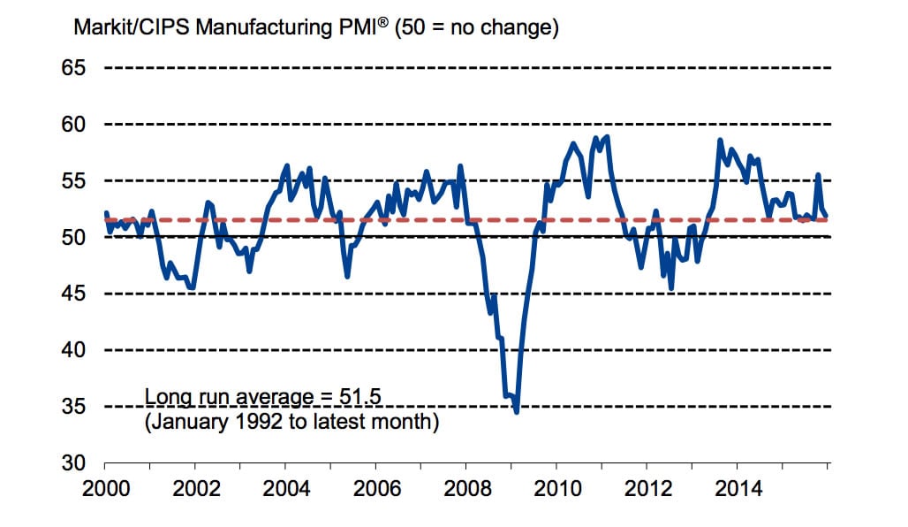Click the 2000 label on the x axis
(105, 488)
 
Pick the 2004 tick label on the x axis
(286, 488)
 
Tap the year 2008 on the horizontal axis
(466, 488)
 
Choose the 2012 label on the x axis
(647, 488)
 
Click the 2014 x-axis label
(738, 488)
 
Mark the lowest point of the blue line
(517, 411)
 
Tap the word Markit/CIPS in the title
(132, 28)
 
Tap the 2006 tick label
(376, 488)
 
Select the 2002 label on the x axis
(196, 488)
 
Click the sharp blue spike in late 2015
(818, 175)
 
